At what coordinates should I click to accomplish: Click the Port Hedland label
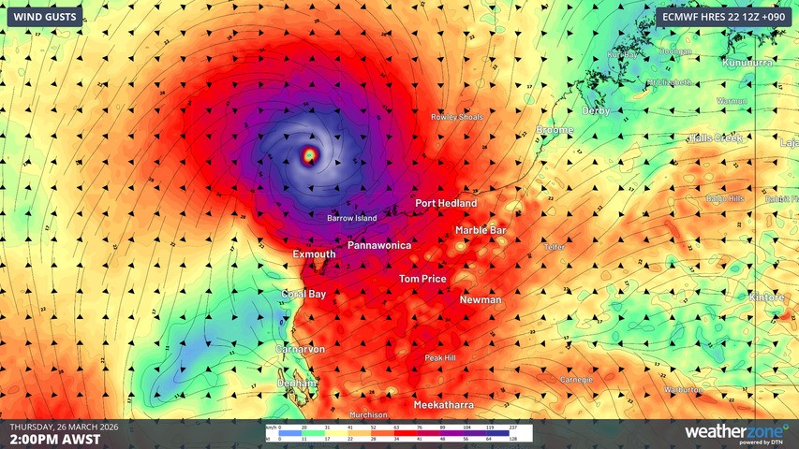(446, 203)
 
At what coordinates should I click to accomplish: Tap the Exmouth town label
(315, 254)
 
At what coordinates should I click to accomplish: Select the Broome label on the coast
(555, 130)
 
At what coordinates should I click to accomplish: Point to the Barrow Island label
(352, 219)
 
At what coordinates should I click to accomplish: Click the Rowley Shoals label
(456, 117)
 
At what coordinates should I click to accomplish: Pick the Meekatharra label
(443, 405)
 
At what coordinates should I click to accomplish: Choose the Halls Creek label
(716, 138)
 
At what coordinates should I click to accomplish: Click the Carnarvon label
(300, 349)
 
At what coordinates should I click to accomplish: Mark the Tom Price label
(422, 279)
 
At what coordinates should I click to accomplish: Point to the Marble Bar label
(481, 230)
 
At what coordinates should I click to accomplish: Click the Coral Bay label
(304, 294)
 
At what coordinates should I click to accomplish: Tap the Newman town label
(481, 300)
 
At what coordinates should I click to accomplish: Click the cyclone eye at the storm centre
(309, 153)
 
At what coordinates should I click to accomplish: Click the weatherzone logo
(735, 432)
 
